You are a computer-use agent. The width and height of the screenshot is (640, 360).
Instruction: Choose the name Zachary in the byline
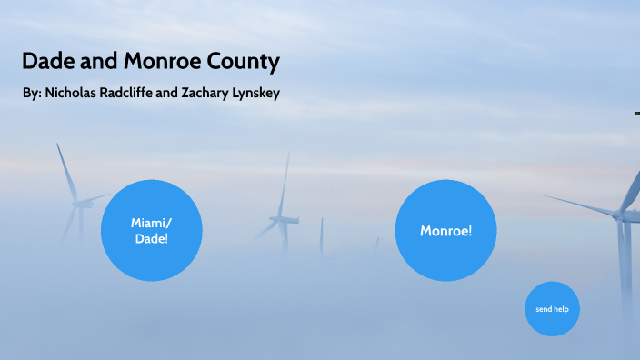click(218, 95)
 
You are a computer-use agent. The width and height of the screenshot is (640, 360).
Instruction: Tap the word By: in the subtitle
click(31, 95)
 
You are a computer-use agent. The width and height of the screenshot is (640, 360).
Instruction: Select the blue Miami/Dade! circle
click(151, 230)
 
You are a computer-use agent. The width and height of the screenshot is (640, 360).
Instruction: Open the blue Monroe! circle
click(445, 230)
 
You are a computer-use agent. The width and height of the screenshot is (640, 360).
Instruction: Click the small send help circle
click(552, 309)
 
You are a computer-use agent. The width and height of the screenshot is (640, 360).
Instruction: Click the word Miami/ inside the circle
click(151, 223)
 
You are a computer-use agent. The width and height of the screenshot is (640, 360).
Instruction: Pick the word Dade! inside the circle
click(151, 238)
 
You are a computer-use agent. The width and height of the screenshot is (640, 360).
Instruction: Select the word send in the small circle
click(544, 309)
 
